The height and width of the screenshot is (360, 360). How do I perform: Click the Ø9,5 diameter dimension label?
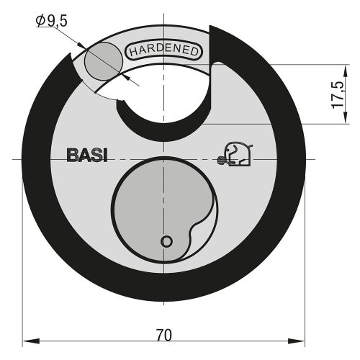coord(53,22)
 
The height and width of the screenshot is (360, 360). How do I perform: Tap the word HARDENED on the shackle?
coord(166,51)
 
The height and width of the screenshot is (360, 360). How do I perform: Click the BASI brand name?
coord(86,156)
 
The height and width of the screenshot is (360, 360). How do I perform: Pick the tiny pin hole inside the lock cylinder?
coord(166,241)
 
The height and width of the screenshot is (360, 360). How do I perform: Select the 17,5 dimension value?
coord(336,94)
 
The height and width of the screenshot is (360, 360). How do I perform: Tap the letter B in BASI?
coord(72,156)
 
